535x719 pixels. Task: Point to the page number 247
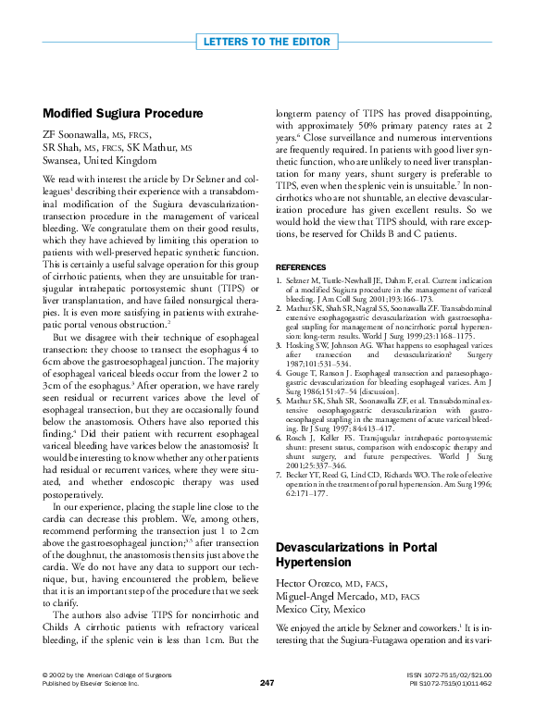[267, 683]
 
